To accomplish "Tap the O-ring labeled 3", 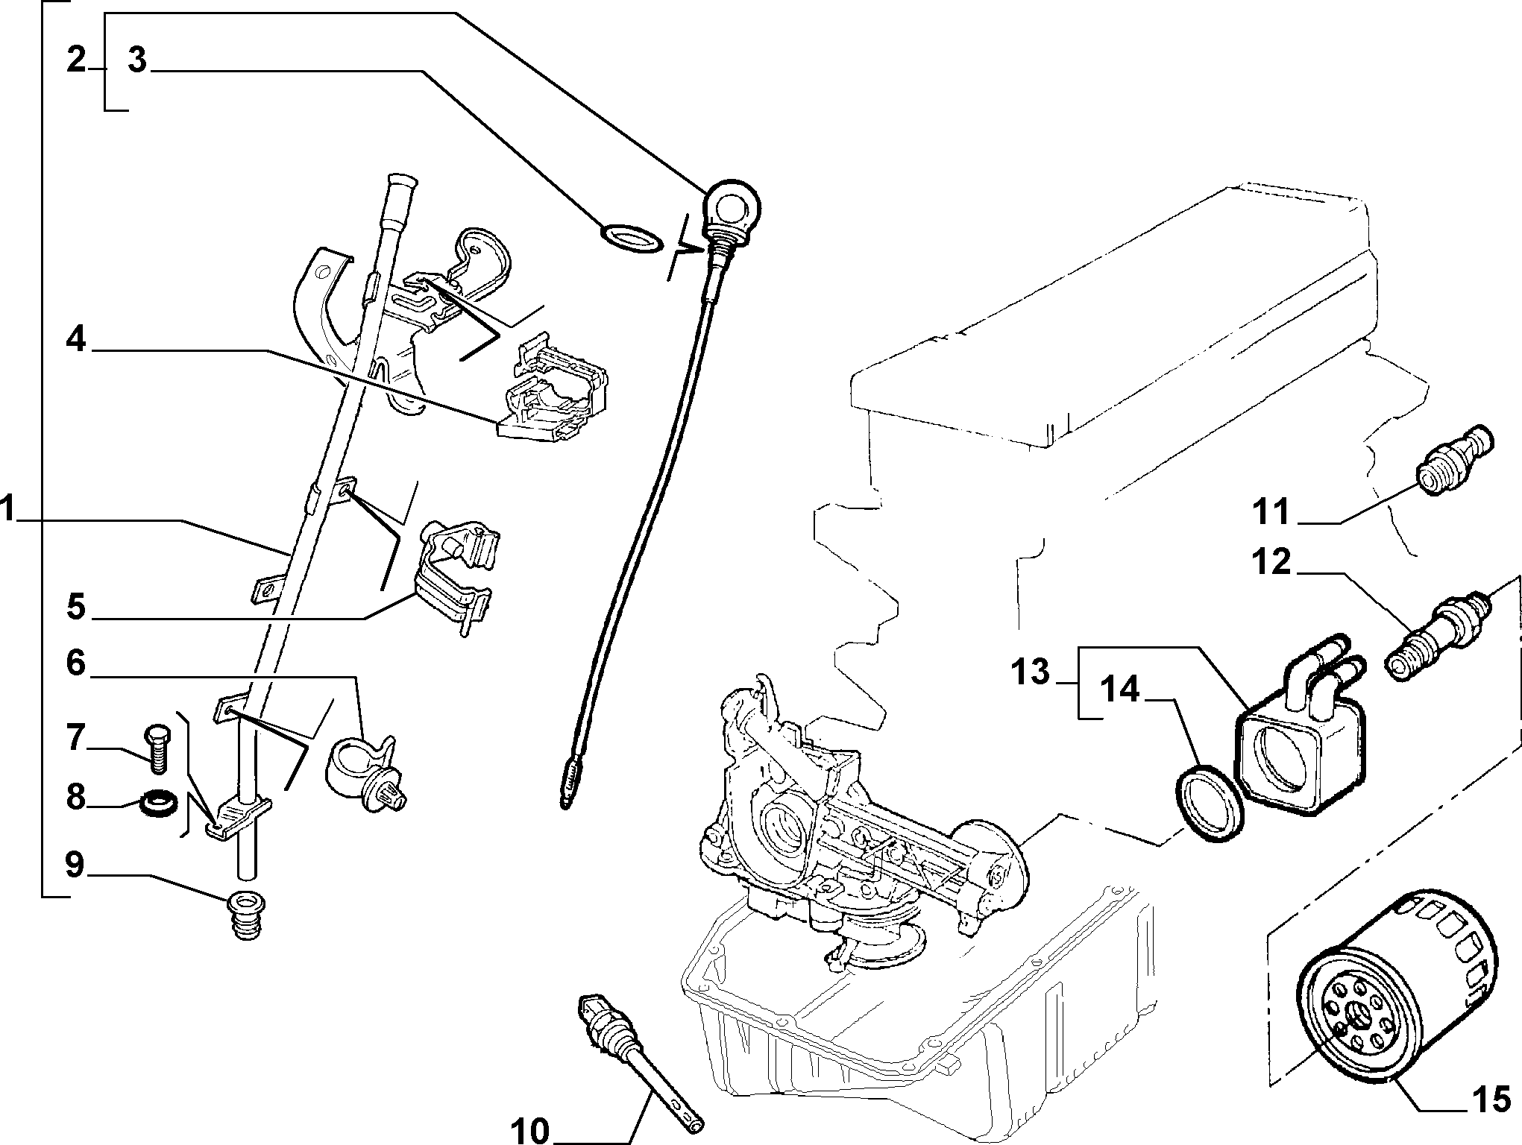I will (x=631, y=237).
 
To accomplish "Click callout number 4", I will (x=76, y=341).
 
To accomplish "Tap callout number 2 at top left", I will (x=76, y=60).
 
